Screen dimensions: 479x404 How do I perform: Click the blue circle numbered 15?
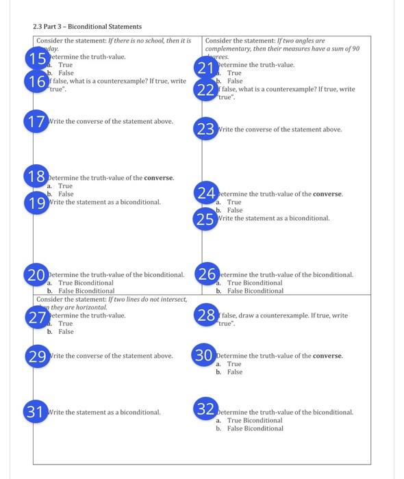pos(35,58)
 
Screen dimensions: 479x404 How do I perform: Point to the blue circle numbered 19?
pos(36,202)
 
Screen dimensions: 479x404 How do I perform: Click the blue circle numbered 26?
pos(205,274)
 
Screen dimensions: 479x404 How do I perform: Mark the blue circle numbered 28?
pos(205,315)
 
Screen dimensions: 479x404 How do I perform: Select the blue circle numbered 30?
pos(205,356)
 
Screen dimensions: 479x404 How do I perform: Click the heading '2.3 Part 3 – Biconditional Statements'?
pos(87,27)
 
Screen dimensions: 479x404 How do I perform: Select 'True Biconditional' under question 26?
pos(254,283)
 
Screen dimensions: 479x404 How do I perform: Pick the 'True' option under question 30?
pos(234,364)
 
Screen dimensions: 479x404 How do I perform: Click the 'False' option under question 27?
pos(66,332)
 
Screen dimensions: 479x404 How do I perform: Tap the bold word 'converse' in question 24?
pos(327,194)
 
